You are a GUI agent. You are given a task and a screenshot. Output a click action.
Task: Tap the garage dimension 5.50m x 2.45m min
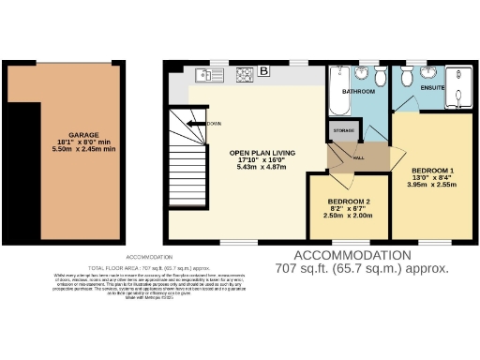point(83,149)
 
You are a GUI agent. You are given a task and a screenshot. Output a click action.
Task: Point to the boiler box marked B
point(264,71)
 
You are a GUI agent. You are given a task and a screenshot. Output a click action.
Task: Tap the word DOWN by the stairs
point(214,123)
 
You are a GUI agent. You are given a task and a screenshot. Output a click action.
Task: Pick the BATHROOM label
point(357,92)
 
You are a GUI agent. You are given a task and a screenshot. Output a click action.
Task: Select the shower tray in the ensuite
point(460,85)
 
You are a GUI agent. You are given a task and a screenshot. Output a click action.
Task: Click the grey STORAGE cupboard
point(342,132)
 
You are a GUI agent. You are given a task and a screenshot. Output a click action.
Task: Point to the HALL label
point(358,157)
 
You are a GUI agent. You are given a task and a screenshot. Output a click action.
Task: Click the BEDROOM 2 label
point(348,202)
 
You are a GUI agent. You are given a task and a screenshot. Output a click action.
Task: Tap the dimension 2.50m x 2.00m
point(348,217)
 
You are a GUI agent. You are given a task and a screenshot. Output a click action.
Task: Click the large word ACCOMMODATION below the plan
point(352,255)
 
